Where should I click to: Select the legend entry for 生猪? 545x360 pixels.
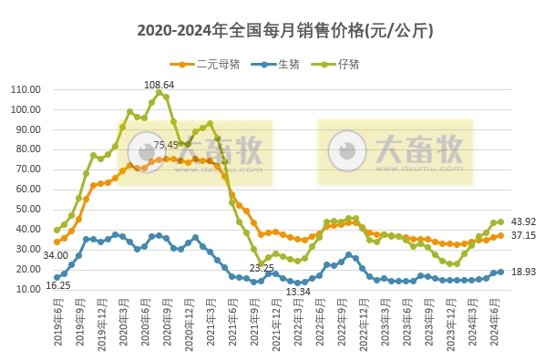click(x=283, y=64)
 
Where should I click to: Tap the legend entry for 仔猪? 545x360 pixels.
click(x=347, y=64)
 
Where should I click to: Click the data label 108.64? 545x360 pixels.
click(x=160, y=84)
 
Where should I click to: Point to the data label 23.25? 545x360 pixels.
click(x=262, y=268)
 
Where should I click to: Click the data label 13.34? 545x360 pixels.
click(x=297, y=292)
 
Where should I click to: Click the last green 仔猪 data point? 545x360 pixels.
click(x=500, y=221)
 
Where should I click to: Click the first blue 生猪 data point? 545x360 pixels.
click(x=57, y=277)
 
